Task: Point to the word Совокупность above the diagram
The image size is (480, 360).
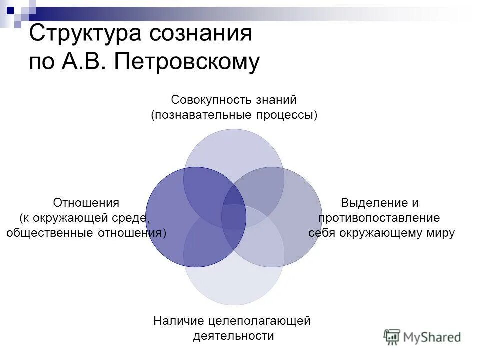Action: click(x=206, y=100)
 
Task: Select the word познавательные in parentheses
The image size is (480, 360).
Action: click(x=197, y=115)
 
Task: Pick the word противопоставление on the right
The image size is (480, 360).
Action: click(x=379, y=218)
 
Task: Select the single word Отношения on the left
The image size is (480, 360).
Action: click(x=86, y=203)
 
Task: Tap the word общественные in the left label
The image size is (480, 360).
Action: click(x=46, y=233)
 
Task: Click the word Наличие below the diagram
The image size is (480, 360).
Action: click(x=177, y=321)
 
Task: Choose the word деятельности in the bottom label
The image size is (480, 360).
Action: click(x=234, y=336)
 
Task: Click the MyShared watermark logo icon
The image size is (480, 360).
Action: click(x=392, y=337)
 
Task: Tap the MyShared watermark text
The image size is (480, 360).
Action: click(x=432, y=338)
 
